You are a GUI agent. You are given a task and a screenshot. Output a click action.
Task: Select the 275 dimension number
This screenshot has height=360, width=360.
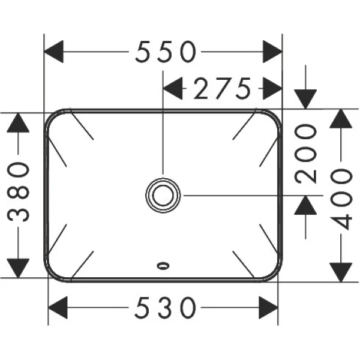221,90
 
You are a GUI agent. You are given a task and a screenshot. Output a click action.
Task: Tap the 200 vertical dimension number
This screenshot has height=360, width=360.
307,153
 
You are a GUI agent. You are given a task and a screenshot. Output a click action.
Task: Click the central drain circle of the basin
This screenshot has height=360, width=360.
163,194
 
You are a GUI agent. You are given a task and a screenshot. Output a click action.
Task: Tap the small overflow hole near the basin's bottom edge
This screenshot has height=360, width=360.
163,264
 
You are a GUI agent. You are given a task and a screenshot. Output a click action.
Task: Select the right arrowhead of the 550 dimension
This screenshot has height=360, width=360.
272,53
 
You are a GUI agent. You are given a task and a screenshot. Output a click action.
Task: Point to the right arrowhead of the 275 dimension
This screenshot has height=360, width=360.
272,90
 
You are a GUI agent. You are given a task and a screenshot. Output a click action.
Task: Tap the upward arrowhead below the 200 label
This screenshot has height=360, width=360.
307,206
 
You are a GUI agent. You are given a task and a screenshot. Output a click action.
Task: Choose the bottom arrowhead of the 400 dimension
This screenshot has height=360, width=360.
342,269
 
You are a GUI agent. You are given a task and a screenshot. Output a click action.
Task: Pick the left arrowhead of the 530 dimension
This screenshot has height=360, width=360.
58,308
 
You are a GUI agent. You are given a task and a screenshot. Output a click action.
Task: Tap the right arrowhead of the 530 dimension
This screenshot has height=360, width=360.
269,308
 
